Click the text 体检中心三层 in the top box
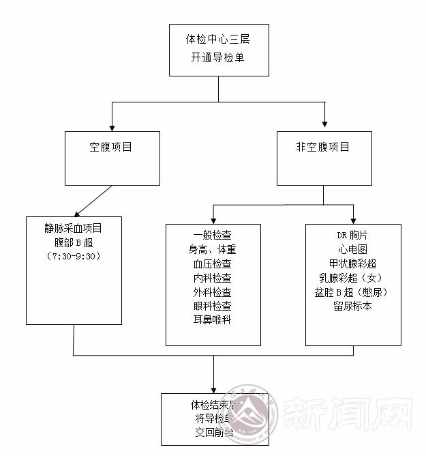[x=218, y=40]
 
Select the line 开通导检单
[x=218, y=57]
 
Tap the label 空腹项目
[x=111, y=147]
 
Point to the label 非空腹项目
[x=323, y=147]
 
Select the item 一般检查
[x=212, y=236]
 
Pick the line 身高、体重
[x=212, y=250]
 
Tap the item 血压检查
[x=212, y=263]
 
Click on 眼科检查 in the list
[x=212, y=306]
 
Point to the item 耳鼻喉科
[x=212, y=319]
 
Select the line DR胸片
[x=352, y=236]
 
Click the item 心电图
[x=352, y=250]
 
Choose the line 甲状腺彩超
[x=352, y=263]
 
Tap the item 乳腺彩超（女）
[x=352, y=278]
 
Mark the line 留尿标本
[x=352, y=306]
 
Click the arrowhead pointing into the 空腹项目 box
[x=112, y=126]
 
